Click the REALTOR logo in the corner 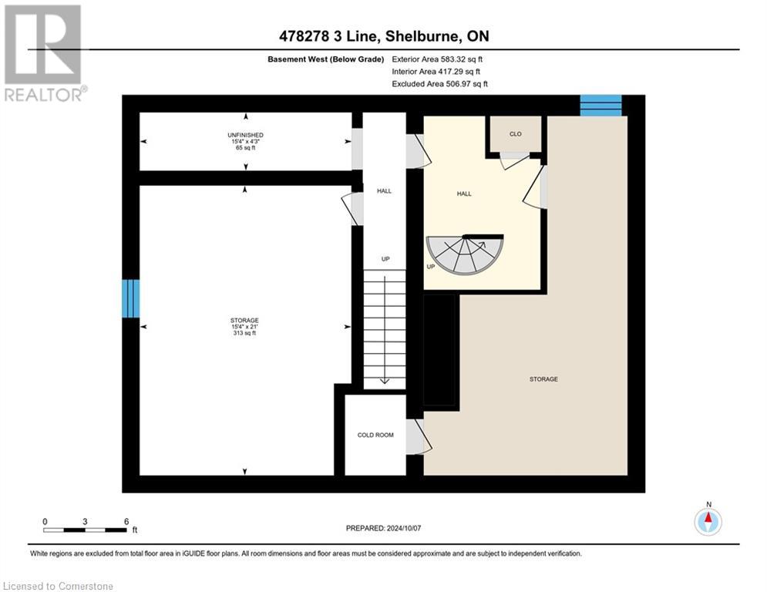(x=44, y=52)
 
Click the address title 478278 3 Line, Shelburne (x=383, y=36)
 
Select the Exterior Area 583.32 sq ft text (x=438, y=59)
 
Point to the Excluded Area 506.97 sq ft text (x=439, y=84)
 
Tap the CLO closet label (x=516, y=134)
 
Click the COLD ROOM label (x=375, y=435)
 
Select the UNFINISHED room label (x=245, y=135)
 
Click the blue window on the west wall (x=131, y=298)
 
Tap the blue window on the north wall (x=600, y=105)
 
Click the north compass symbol (x=708, y=521)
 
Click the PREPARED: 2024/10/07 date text (x=383, y=528)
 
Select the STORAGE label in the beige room (x=543, y=379)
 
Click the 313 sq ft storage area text (x=244, y=333)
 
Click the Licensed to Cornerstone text (x=59, y=587)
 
